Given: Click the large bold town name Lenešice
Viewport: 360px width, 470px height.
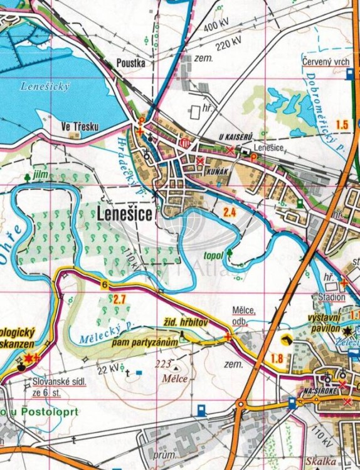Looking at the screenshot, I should (125, 214).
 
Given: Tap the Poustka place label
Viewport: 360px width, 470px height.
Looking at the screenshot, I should (131, 63).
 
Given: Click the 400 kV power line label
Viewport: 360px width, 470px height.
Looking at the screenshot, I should (216, 26).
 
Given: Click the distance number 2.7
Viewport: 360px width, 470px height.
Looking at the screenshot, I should (119, 299).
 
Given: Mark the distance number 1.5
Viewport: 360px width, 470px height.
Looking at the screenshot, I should (342, 124).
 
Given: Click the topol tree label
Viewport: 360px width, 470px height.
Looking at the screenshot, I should (214, 256).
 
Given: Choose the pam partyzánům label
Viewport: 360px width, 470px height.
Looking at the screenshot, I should (145, 343).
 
